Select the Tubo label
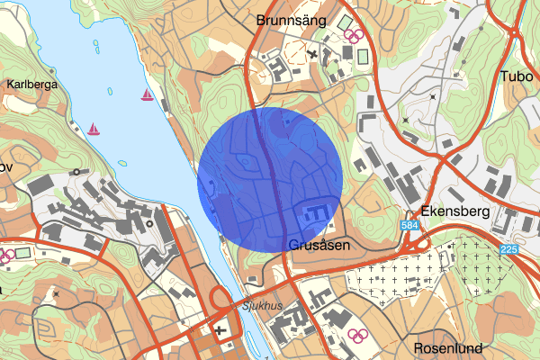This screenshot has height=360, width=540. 515,76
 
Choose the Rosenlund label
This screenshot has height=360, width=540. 449,348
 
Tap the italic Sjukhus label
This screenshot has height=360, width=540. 261,306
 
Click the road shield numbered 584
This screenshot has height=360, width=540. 409,224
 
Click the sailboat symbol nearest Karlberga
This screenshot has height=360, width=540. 93,129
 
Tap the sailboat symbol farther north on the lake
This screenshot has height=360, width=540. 146,94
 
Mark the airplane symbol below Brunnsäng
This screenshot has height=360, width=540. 311,55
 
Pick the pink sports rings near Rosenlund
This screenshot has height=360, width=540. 360,337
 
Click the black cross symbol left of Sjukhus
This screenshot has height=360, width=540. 219,331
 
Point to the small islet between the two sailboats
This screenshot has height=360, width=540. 108,89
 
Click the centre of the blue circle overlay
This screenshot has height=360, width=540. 270,179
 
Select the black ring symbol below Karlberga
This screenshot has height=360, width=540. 76,171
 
